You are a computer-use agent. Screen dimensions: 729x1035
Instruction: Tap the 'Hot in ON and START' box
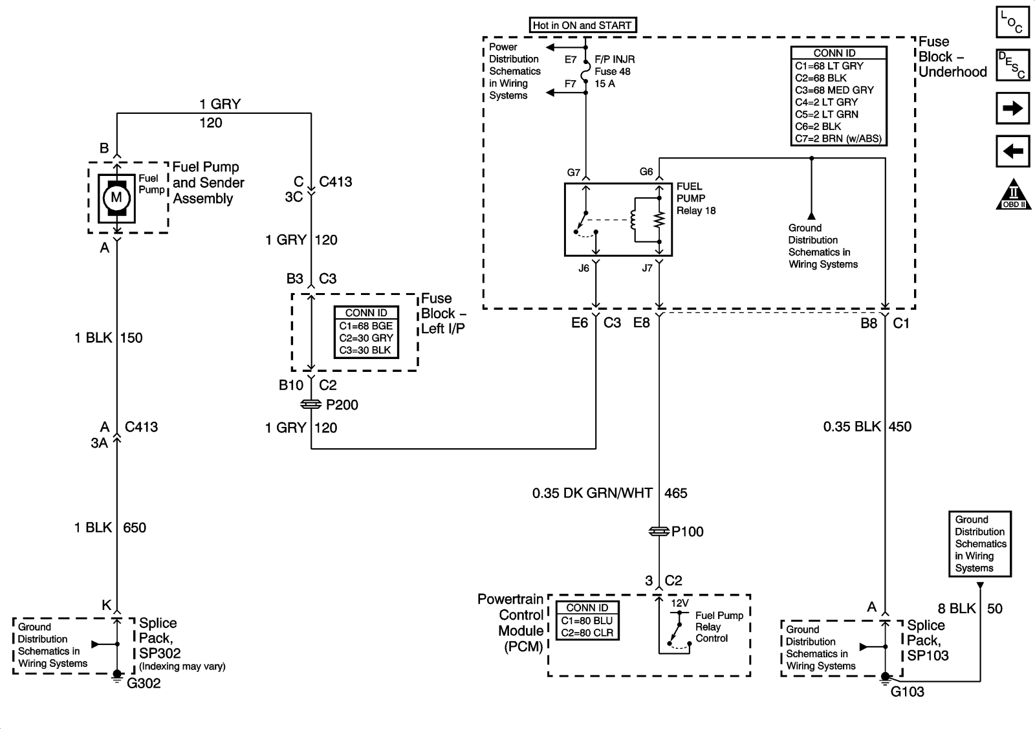click(582, 25)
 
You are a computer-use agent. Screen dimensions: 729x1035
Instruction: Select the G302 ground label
click(144, 684)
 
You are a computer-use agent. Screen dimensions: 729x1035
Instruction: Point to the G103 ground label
click(908, 692)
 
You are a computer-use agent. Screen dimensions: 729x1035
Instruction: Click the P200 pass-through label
click(342, 405)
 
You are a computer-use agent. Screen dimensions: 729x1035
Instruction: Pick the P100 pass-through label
click(688, 532)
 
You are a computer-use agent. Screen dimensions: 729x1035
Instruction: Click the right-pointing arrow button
click(1012, 108)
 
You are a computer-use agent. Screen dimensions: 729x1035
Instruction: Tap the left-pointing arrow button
click(1012, 152)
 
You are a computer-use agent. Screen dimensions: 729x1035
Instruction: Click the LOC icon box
click(1012, 21)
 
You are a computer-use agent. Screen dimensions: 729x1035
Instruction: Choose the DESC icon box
click(1012, 65)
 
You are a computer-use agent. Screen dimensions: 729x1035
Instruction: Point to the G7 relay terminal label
click(574, 173)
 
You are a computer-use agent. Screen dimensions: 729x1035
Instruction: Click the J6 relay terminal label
click(583, 268)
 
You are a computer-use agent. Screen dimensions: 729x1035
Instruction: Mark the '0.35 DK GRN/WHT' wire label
click(593, 494)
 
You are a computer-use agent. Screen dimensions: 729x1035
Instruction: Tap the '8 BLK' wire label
click(957, 609)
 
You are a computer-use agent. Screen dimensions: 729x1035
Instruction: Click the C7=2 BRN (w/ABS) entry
click(838, 138)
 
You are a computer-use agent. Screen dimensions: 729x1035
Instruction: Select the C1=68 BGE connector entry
click(366, 326)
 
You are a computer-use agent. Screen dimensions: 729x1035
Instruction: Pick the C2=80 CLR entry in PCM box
click(587, 633)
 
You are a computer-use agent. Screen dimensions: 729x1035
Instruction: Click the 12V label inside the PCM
click(679, 603)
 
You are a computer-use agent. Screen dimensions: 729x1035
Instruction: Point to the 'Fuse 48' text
click(613, 72)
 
